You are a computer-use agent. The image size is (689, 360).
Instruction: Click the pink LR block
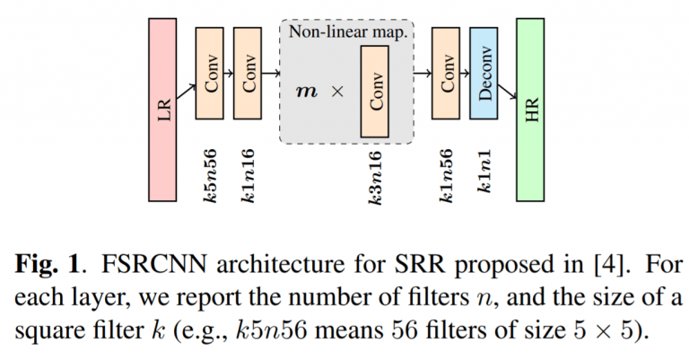click(162, 110)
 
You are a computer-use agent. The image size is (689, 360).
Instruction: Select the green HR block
click(530, 110)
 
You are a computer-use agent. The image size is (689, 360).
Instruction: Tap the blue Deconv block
click(484, 74)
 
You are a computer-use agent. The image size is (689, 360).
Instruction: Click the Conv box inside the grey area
click(375, 92)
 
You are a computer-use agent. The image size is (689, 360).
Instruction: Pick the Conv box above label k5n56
click(210, 74)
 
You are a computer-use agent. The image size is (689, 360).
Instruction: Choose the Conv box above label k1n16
click(248, 74)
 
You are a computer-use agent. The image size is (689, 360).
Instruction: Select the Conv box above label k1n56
click(446, 74)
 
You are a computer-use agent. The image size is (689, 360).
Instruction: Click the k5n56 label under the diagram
click(210, 176)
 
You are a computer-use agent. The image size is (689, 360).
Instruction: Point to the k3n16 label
click(375, 178)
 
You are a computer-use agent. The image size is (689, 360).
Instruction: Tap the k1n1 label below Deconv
click(484, 171)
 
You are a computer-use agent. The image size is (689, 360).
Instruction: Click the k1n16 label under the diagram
click(248, 176)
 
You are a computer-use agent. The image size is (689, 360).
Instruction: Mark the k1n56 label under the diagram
click(446, 176)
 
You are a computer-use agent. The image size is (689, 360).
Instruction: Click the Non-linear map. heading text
click(348, 32)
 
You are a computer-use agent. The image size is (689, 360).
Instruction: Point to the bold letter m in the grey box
click(307, 92)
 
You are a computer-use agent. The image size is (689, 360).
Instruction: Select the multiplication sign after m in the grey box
click(337, 92)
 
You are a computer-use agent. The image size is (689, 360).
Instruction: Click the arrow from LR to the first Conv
click(187, 92)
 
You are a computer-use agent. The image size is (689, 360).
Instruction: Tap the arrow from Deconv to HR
click(507, 92)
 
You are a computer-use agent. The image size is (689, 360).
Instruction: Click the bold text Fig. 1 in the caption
click(48, 264)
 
